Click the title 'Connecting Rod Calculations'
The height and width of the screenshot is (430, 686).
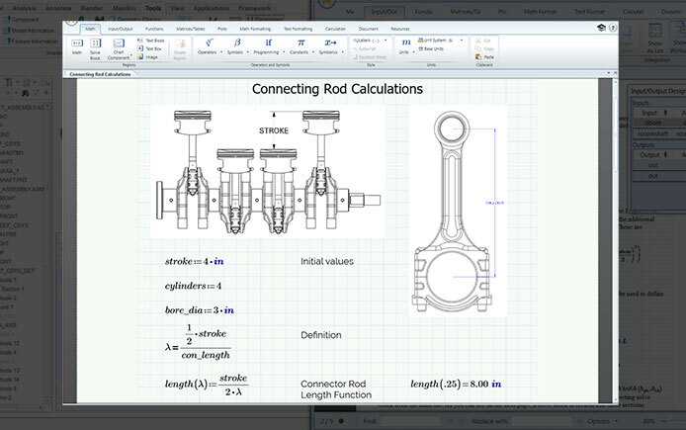(x=337, y=89)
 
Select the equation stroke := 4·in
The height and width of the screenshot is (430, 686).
(x=195, y=262)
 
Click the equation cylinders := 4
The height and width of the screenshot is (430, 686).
(x=193, y=287)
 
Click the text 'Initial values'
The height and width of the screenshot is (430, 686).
(x=327, y=262)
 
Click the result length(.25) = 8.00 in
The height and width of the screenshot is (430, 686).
(x=456, y=384)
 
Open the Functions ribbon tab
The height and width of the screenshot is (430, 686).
(x=154, y=30)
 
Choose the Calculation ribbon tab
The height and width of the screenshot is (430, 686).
(x=335, y=30)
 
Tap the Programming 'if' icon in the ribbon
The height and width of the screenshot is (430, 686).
(x=268, y=43)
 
